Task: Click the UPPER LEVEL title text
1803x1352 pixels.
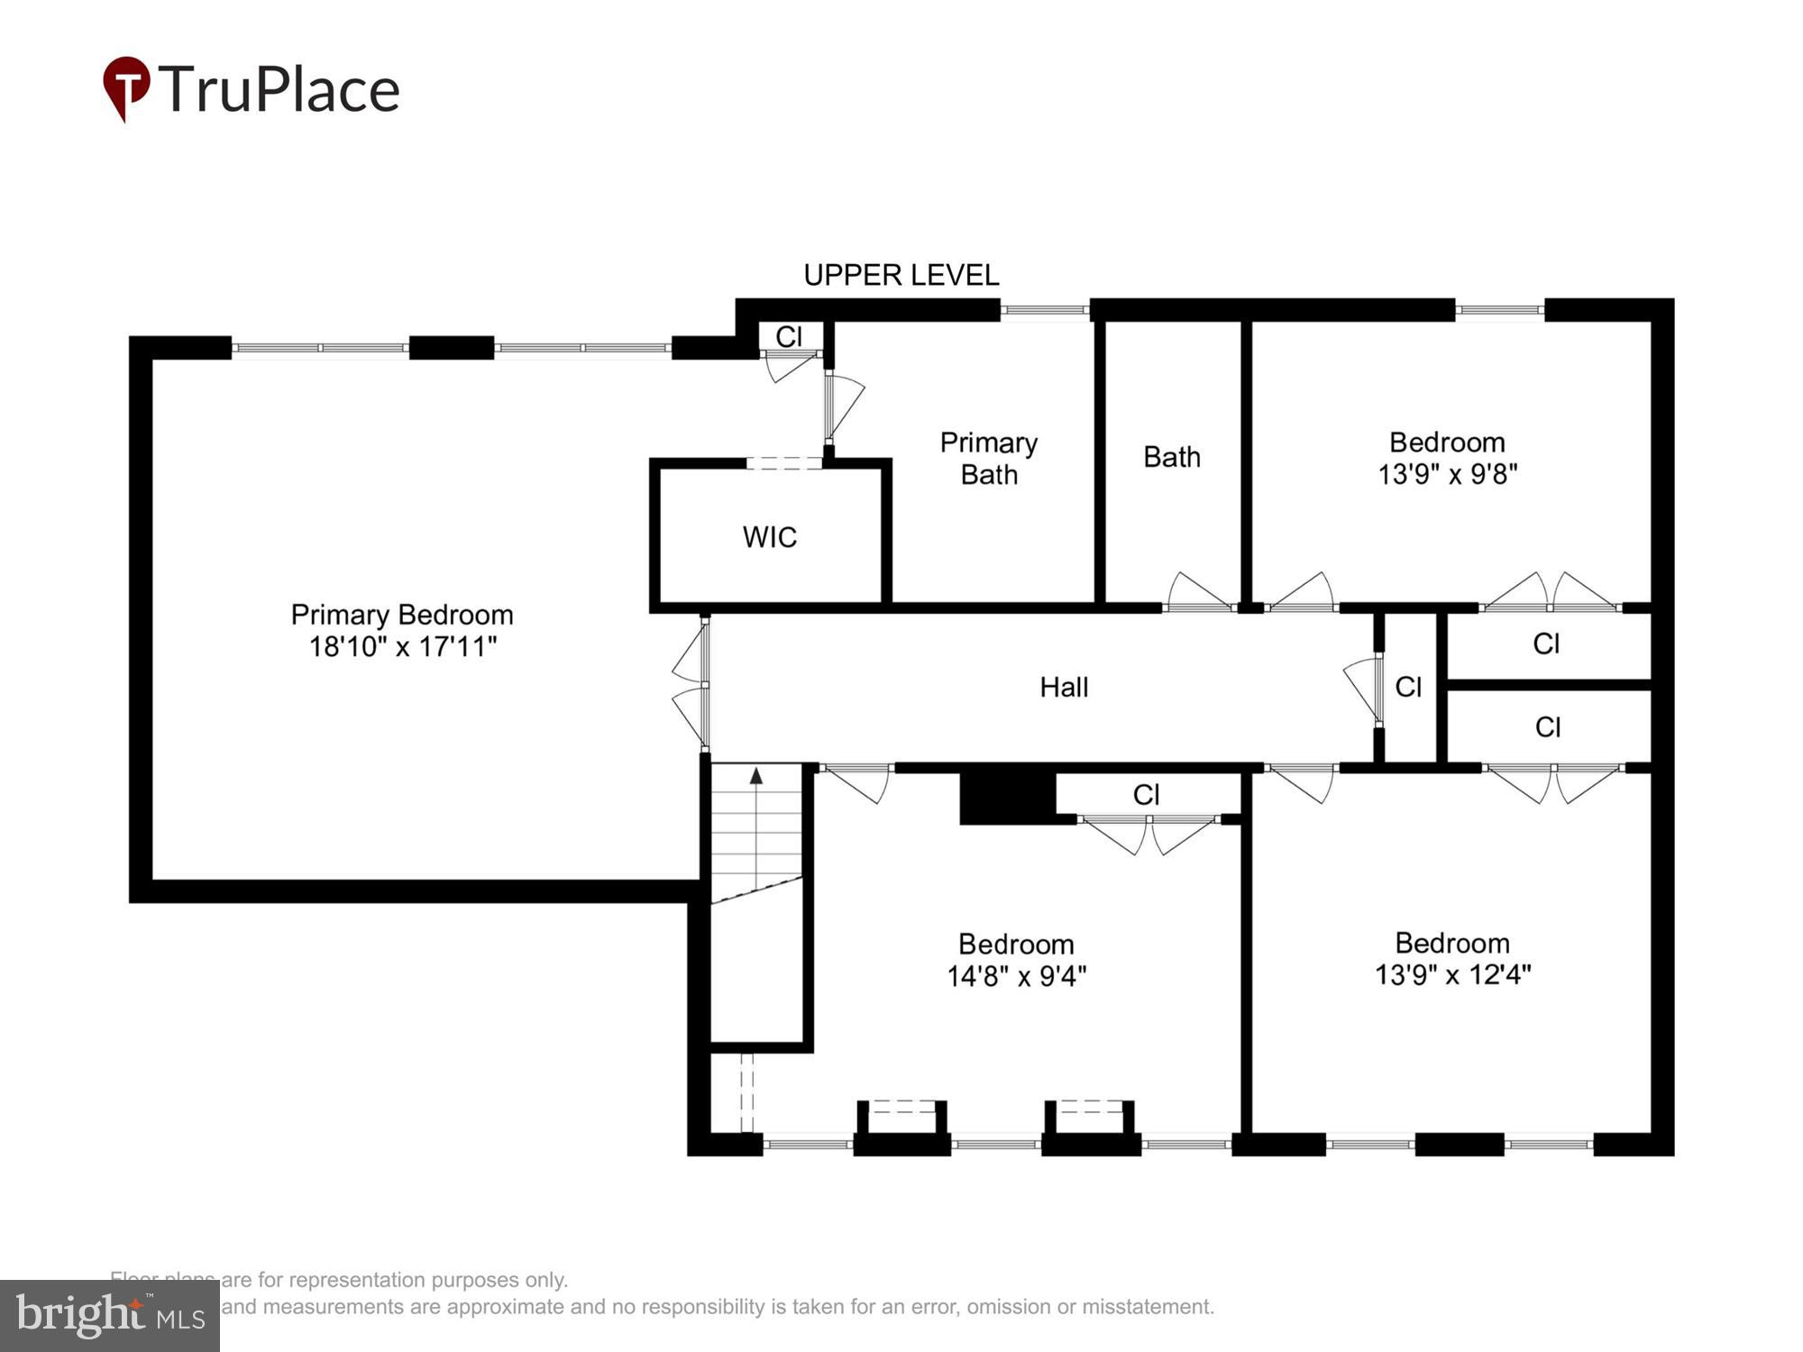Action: pyautogui.click(x=901, y=275)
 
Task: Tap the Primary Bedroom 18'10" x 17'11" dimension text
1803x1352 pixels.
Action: pyautogui.click(x=402, y=646)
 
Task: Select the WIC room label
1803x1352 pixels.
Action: pyautogui.click(x=769, y=537)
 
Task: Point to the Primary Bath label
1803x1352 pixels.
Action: pyautogui.click(x=988, y=458)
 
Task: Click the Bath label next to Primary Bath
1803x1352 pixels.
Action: pyautogui.click(x=1171, y=457)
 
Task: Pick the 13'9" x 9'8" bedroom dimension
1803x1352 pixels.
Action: pyautogui.click(x=1447, y=474)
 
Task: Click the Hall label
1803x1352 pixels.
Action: pyautogui.click(x=1064, y=687)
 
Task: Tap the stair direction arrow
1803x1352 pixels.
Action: pyautogui.click(x=756, y=775)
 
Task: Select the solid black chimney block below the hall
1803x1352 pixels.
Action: pyautogui.click(x=1006, y=795)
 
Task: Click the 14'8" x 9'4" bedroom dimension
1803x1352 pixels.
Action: pyautogui.click(x=1016, y=976)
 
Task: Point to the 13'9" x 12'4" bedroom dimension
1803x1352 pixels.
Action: pyautogui.click(x=1452, y=975)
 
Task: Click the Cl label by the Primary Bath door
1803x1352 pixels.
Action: pyautogui.click(x=788, y=336)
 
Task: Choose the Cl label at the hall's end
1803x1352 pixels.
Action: pyautogui.click(x=1407, y=687)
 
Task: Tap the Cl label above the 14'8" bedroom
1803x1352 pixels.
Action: pyautogui.click(x=1146, y=794)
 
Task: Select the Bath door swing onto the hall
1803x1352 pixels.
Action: pyautogui.click(x=1199, y=593)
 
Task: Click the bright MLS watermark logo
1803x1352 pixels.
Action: pyautogui.click(x=109, y=1316)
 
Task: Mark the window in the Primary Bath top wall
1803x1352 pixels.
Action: pyautogui.click(x=1045, y=310)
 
